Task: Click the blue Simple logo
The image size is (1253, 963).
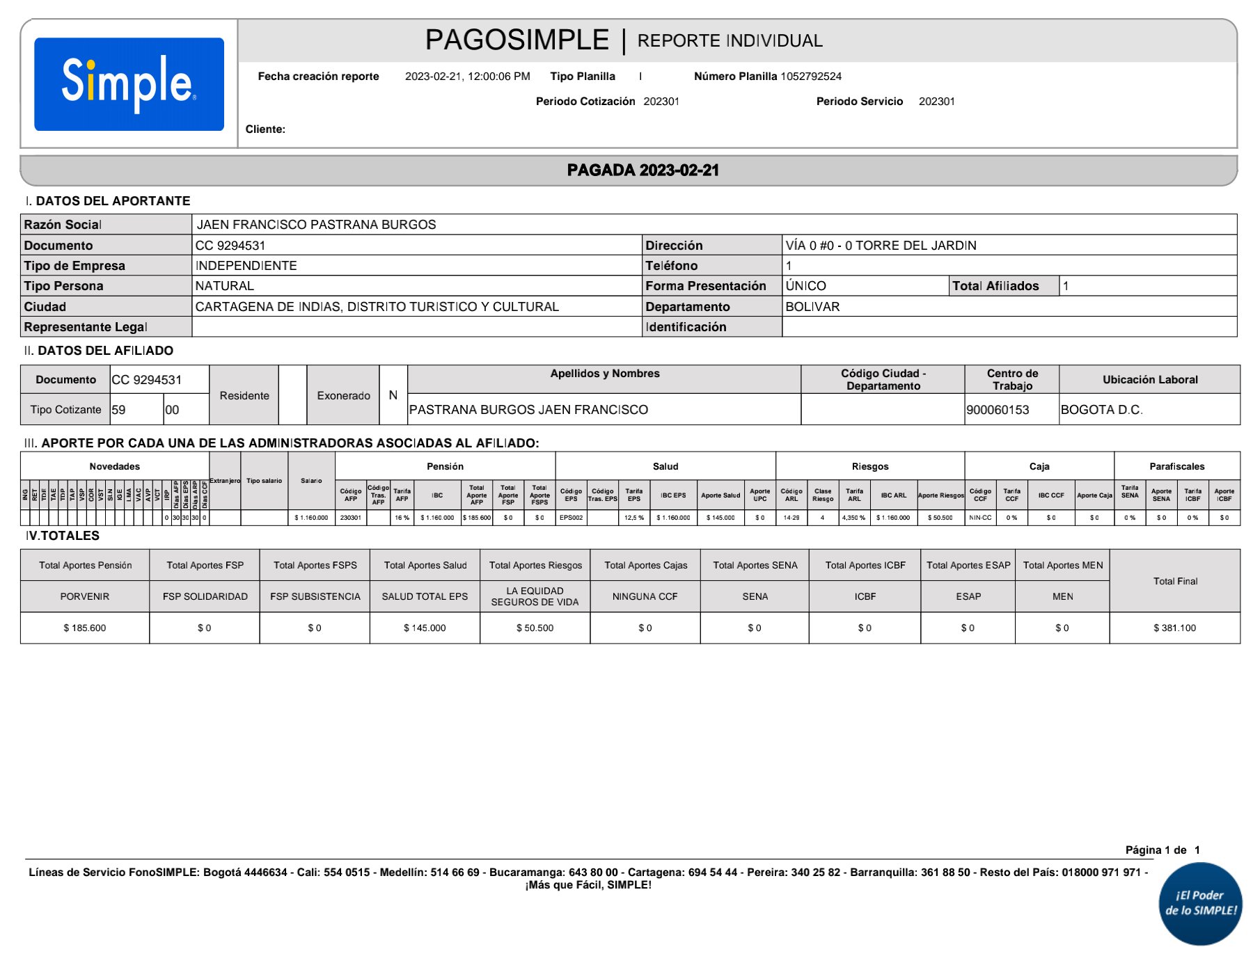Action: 129,84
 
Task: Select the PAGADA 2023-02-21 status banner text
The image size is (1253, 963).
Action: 643,170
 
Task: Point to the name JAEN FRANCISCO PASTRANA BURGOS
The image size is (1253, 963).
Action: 316,225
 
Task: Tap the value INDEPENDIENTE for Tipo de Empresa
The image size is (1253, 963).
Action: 246,266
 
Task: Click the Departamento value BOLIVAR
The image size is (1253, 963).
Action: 812,307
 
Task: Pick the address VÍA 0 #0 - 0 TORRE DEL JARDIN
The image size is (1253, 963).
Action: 881,246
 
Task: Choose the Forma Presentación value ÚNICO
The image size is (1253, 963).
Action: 805,286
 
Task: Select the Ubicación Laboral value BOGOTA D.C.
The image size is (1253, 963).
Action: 1101,410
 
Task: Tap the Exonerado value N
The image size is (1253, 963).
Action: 393,395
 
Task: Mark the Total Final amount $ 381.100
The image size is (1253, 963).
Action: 1174,628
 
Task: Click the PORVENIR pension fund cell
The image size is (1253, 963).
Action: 85,597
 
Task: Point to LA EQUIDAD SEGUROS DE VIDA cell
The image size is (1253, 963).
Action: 535,596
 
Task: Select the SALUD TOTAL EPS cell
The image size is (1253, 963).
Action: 425,597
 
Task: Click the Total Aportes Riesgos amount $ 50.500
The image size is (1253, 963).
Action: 535,628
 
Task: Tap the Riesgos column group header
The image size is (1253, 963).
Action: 869,466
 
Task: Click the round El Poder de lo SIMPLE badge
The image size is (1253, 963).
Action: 1200,903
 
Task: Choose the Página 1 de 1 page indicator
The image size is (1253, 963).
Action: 1162,850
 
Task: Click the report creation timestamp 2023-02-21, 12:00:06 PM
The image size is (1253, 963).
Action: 467,77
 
